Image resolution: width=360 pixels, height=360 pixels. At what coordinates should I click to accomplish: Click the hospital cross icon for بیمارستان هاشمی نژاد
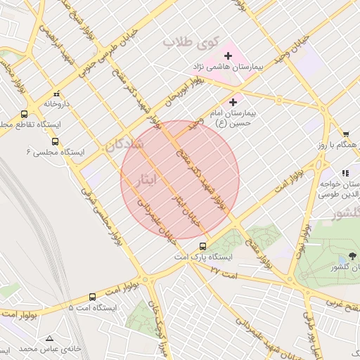(228, 56)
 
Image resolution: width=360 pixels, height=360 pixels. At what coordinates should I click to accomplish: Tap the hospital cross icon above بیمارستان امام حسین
(233, 102)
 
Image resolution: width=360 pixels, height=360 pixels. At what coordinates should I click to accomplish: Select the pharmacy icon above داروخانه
(56, 94)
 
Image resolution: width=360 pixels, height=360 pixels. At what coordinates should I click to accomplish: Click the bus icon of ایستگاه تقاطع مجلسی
(25, 114)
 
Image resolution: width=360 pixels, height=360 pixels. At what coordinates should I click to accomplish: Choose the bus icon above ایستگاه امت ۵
(92, 297)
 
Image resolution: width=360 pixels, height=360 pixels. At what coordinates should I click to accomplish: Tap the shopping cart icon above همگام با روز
(346, 134)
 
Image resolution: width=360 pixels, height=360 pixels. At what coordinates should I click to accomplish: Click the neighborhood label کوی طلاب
(188, 42)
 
